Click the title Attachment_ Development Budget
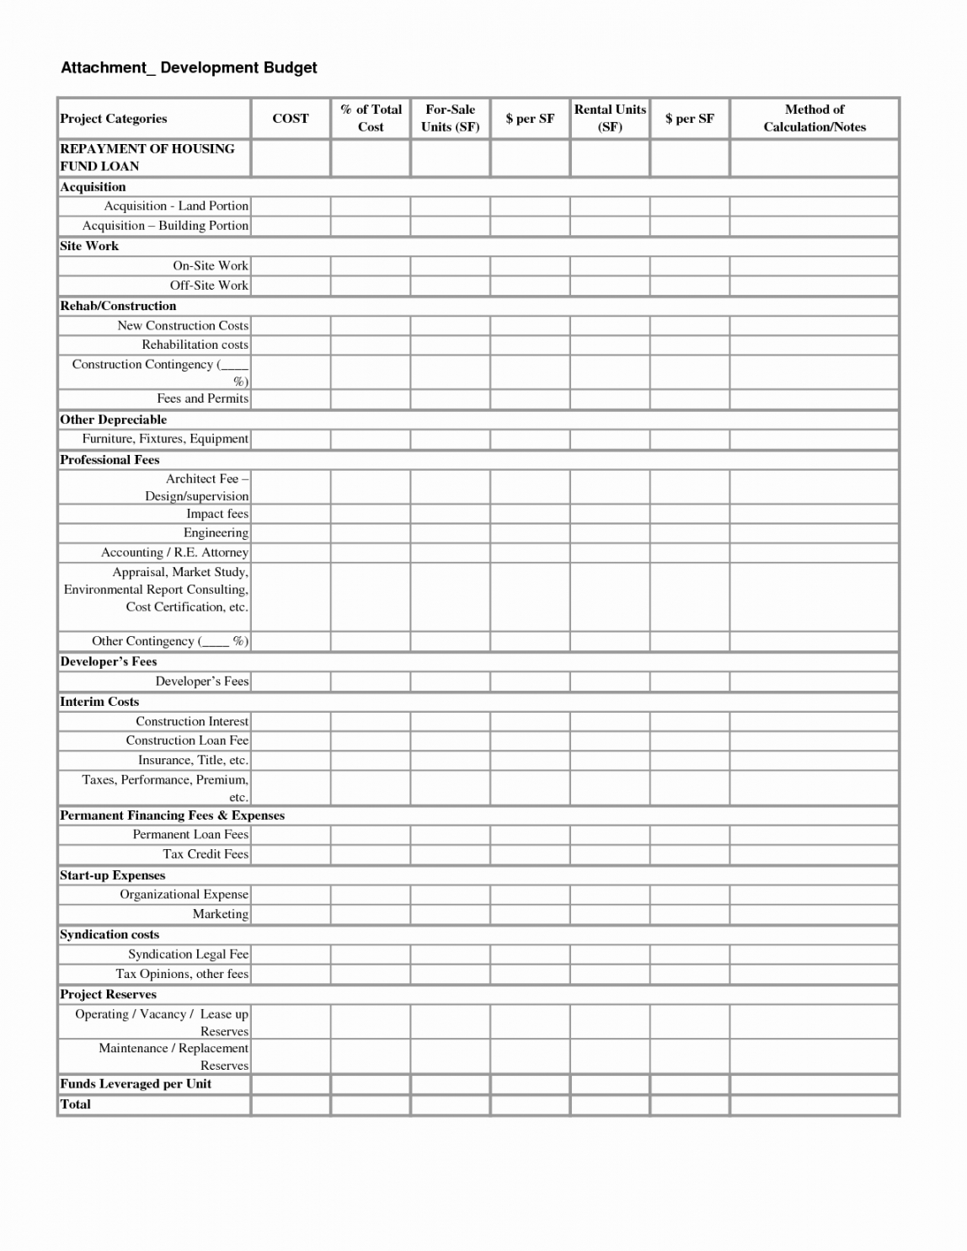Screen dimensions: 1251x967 [189, 67]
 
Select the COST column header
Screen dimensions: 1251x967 [291, 119]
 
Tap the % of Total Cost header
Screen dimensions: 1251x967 [371, 119]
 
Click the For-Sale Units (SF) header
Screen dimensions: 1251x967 [450, 119]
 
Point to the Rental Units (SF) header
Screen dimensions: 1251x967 [610, 119]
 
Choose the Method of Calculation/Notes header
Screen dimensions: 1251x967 [814, 119]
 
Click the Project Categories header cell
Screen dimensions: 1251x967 [114, 119]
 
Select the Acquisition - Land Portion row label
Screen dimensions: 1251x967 [176, 206]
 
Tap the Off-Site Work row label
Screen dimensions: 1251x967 [209, 286]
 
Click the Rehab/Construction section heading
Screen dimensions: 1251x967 [118, 306]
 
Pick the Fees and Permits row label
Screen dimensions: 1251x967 [202, 398]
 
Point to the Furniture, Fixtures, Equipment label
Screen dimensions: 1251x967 [165, 439]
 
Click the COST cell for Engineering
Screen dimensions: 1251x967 [291, 533]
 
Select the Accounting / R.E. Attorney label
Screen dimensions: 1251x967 [174, 553]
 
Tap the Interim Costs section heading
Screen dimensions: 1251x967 [99, 702]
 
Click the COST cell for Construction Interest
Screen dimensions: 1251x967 [291, 722]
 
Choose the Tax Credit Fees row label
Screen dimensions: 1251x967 [206, 854]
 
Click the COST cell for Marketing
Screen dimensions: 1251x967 [291, 914]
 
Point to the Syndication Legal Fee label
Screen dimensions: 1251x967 [188, 954]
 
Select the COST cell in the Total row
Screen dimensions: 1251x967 [291, 1104]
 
